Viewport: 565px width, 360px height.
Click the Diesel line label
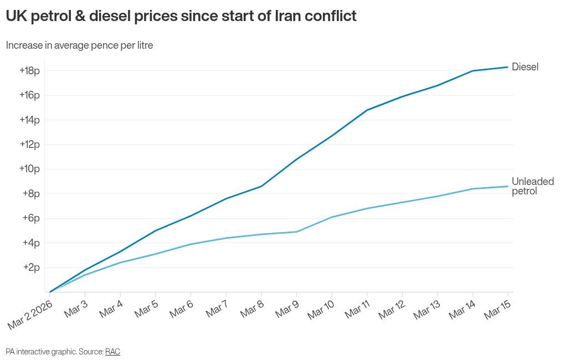(525, 67)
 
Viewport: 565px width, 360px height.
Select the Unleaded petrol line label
(532, 187)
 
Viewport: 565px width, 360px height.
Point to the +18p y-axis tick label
(29, 71)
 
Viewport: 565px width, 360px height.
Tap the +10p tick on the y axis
(29, 169)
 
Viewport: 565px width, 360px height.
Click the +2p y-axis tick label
(31, 268)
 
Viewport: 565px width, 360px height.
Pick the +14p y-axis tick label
(29, 120)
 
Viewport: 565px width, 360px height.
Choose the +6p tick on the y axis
(31, 218)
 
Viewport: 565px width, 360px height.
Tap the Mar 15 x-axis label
(497, 310)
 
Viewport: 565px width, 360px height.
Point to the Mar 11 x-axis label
(357, 310)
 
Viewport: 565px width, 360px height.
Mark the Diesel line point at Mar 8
(261, 186)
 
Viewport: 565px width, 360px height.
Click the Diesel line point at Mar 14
(472, 71)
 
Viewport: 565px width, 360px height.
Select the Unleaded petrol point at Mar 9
(296, 232)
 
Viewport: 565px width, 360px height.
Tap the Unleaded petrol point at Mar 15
(508, 186)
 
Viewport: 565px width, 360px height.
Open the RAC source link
(112, 352)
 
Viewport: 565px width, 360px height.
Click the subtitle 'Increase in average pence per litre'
(79, 45)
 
